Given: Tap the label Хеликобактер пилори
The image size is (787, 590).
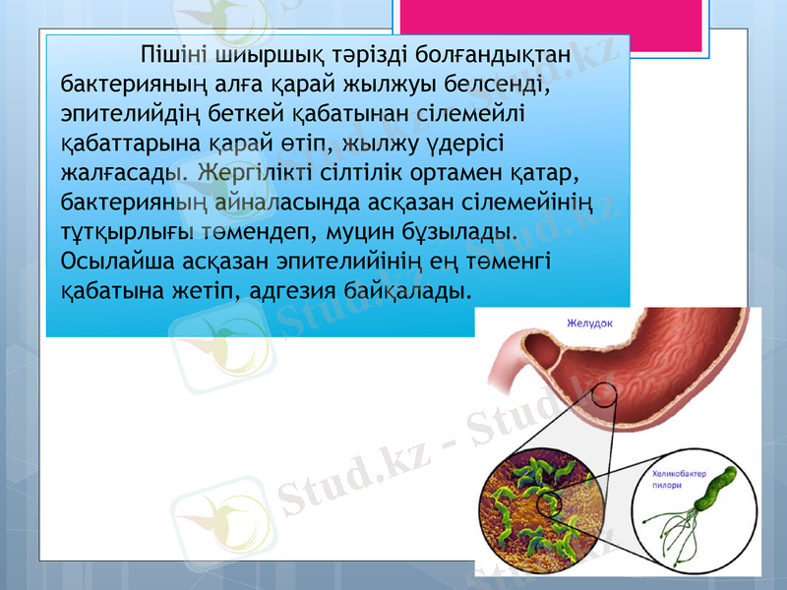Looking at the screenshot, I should [x=680, y=486].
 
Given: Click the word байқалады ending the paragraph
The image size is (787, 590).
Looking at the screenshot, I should [x=412, y=291].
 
